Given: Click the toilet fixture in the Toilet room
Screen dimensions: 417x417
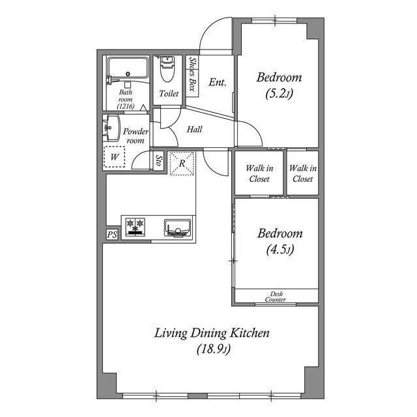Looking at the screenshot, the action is coord(167,69).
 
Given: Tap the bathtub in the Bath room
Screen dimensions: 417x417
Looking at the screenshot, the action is coord(128,68).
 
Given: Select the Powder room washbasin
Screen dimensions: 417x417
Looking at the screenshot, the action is coord(111,128).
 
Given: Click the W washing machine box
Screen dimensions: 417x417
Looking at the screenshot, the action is coord(115,157).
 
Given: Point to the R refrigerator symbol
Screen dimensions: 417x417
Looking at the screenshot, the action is coord(182,163).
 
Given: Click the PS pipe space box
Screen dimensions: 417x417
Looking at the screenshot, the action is coord(112,235).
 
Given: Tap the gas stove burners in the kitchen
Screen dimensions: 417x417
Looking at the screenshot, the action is coord(136,227).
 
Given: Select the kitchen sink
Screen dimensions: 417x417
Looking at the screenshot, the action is coord(177,228).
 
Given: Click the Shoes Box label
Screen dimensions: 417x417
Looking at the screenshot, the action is coord(192,74).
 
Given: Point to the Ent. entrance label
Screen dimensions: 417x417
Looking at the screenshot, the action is coord(218,82).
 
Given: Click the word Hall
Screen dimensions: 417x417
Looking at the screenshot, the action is coord(194,130).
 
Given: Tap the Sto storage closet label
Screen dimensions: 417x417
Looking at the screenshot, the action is coord(159,160).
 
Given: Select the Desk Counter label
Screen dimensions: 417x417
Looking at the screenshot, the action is coord(276,296).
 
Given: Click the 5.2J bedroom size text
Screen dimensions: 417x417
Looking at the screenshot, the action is coord(280,94).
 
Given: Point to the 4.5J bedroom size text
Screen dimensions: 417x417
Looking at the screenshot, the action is coord(280,250).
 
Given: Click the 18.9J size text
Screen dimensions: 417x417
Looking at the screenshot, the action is coord(214,349).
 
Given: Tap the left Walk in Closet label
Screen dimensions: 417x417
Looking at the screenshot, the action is coord(259,173).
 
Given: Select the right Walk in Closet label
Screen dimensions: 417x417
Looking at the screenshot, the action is coord(303,173).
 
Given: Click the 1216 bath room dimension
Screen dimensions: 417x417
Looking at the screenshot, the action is coord(126,107).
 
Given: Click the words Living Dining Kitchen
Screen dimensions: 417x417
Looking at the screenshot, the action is coord(212,334).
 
